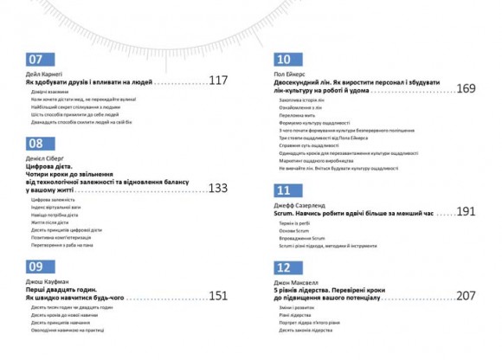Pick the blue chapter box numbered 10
tap(282, 60)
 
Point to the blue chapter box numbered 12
tap(282, 267)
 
